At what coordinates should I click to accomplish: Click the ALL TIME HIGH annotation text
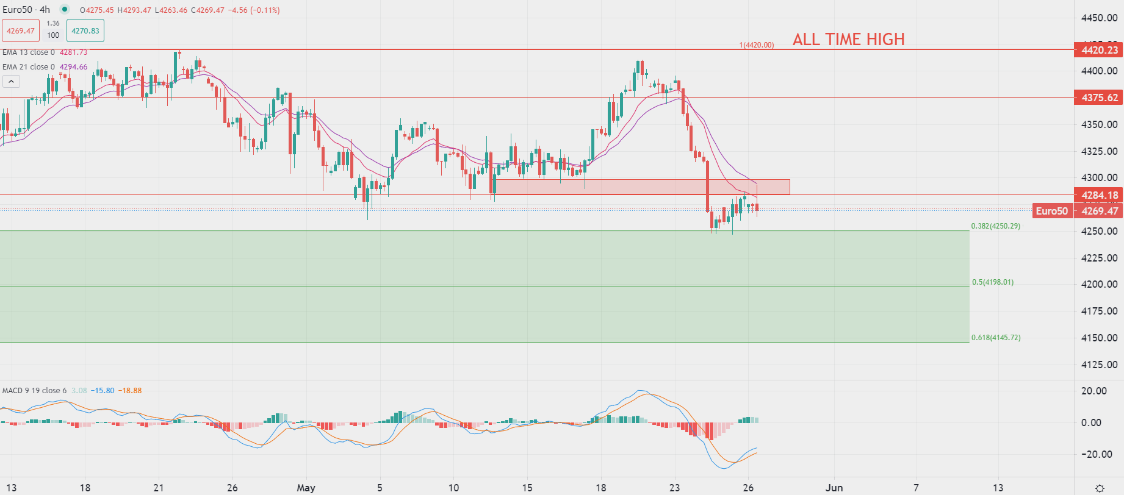click(848, 40)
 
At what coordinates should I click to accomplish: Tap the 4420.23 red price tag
click(1099, 50)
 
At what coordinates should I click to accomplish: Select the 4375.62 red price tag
click(1099, 98)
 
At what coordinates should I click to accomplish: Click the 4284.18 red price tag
click(1099, 195)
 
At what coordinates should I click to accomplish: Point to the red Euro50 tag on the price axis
click(1051, 211)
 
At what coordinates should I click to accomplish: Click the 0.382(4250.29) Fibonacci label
click(995, 226)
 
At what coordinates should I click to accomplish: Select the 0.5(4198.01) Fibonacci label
click(992, 282)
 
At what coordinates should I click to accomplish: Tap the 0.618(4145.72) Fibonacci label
click(995, 338)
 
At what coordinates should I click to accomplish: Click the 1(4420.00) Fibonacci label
click(756, 45)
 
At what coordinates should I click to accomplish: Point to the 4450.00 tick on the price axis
click(1099, 18)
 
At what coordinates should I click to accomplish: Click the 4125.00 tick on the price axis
click(1099, 365)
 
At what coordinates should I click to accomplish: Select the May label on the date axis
click(306, 488)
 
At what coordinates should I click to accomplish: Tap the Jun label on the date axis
click(834, 488)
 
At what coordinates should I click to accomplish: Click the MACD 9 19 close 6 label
click(34, 391)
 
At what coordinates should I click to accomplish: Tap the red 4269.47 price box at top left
click(21, 30)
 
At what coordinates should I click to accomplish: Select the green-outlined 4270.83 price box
click(85, 30)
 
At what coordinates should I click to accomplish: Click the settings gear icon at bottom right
click(1100, 488)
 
